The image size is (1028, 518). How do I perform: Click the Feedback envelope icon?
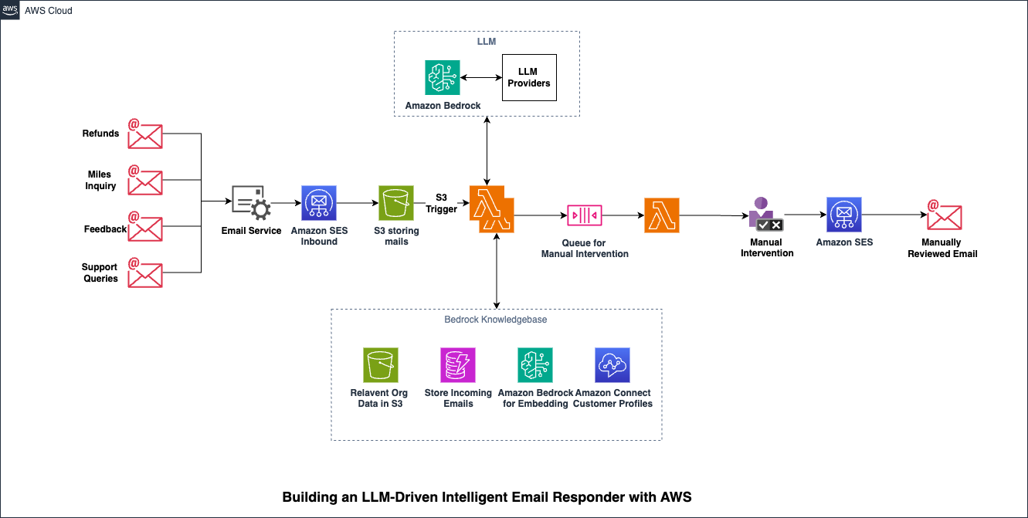[x=144, y=227]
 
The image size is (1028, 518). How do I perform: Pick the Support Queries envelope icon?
[x=144, y=273]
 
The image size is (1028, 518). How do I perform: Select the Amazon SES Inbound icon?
[x=319, y=204]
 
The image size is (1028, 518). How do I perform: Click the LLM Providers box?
[x=528, y=77]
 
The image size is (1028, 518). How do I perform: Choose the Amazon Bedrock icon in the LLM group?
[x=443, y=77]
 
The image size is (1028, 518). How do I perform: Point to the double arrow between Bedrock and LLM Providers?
[x=480, y=77]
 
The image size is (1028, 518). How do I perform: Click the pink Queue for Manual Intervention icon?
[x=584, y=215]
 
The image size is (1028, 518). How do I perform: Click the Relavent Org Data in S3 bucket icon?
[x=380, y=364]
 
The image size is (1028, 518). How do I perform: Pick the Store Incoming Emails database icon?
[x=458, y=364]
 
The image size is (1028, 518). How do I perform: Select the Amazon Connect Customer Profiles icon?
[x=612, y=364]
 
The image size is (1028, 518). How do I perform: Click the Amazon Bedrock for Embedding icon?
[x=535, y=364]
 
